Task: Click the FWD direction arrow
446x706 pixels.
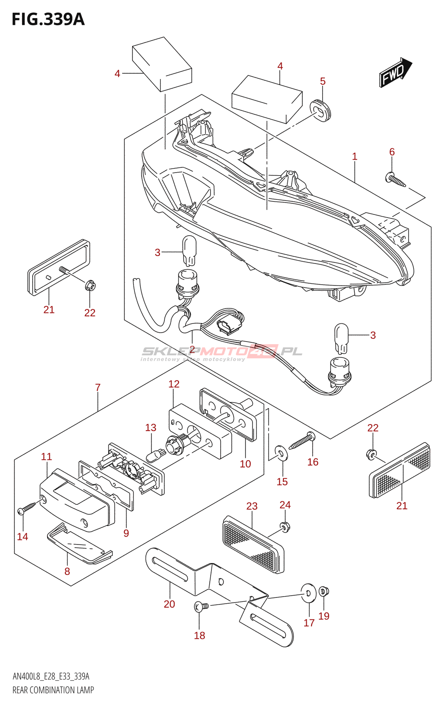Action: [395, 72]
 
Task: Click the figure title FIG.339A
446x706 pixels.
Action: [48, 19]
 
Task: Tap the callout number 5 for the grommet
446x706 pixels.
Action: [323, 81]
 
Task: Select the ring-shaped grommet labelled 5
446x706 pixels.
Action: [320, 110]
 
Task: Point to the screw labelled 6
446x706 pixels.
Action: [395, 180]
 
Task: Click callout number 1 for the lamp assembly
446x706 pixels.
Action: [354, 156]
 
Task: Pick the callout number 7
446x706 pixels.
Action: [98, 387]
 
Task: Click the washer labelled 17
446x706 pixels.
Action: [308, 594]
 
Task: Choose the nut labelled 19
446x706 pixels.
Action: [324, 591]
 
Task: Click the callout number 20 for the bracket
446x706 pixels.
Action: [169, 604]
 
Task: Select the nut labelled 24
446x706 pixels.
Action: [285, 526]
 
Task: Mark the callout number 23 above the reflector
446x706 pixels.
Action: [252, 506]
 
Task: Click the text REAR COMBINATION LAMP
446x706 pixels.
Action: [53, 690]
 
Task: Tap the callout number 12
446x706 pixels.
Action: [174, 384]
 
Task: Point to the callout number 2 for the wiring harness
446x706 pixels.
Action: [192, 349]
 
